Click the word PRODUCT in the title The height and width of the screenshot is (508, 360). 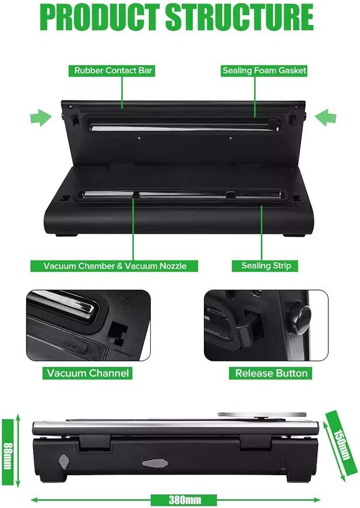101,17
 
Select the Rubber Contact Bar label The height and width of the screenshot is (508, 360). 112,70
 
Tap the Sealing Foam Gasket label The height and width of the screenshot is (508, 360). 264,70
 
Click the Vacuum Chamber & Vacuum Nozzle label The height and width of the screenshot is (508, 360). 114,266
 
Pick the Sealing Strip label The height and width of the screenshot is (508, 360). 265,266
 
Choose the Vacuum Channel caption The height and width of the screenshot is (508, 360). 87,373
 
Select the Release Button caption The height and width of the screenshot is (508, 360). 271,373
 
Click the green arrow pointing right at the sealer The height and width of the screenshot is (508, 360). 41,117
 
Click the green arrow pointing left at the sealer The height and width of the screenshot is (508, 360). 326,117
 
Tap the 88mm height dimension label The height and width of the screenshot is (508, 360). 8,451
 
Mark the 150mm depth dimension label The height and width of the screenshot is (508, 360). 342,444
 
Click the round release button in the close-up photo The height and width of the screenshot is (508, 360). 300,317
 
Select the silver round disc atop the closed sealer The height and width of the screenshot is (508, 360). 262,414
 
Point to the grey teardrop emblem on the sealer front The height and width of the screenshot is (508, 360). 64,461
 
